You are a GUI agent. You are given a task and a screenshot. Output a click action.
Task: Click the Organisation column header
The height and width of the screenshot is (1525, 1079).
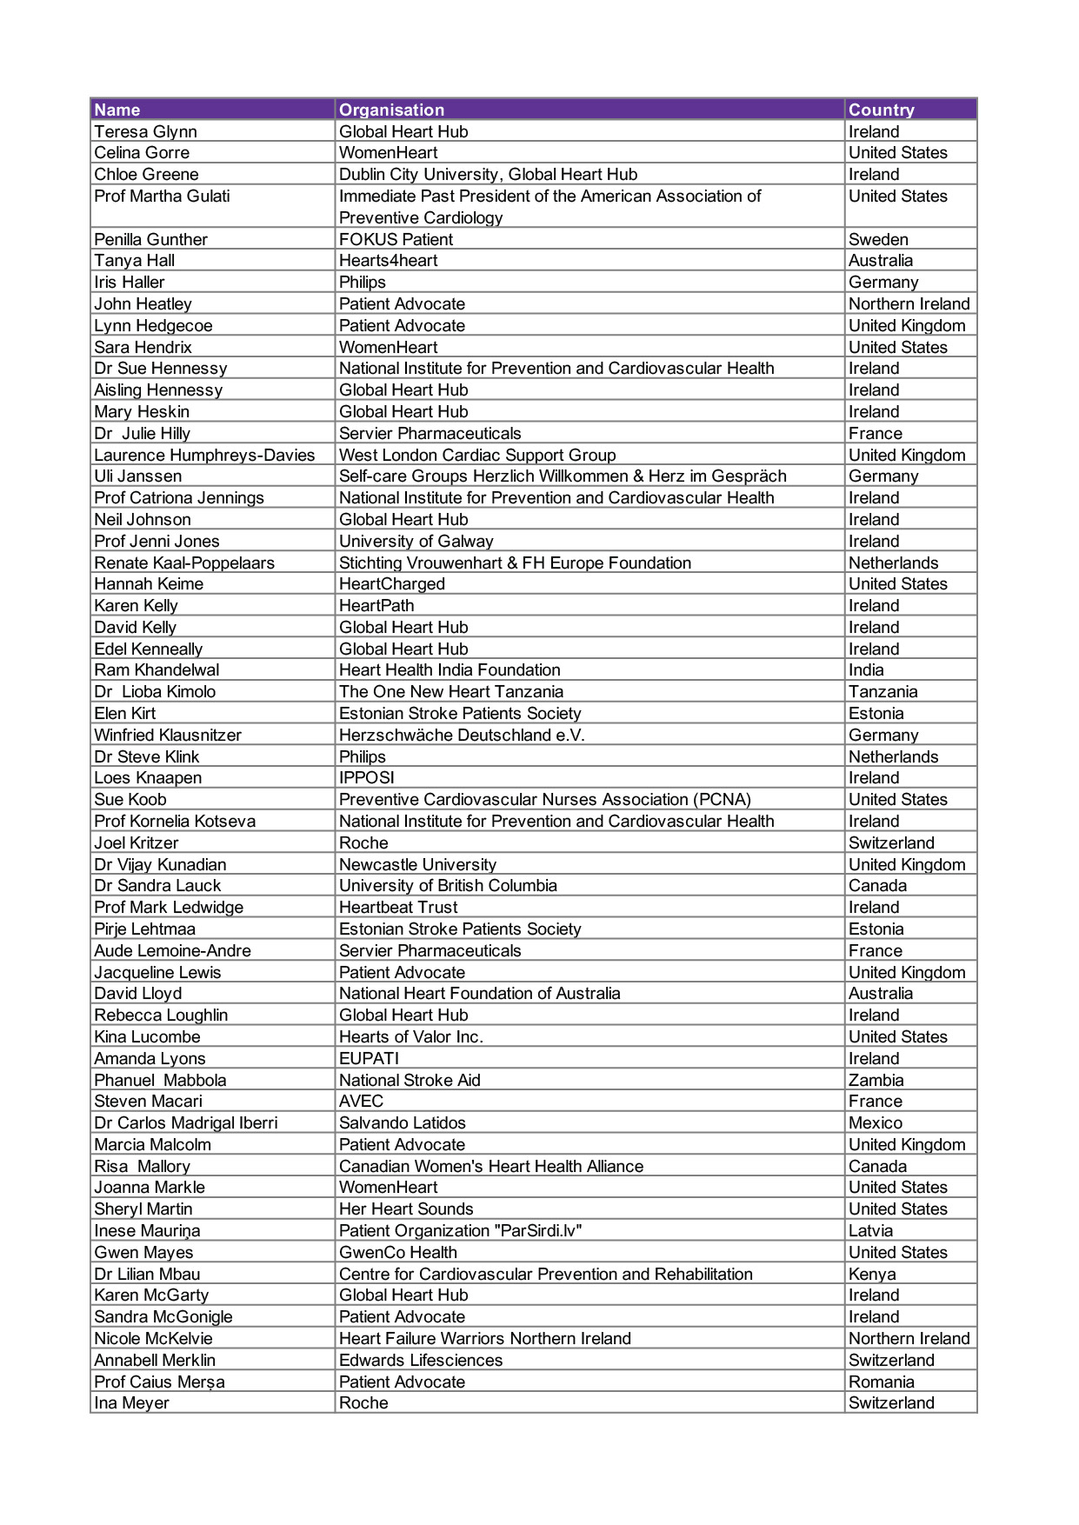tap(391, 110)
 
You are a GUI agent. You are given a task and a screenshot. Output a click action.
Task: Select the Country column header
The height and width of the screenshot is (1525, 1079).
tap(881, 110)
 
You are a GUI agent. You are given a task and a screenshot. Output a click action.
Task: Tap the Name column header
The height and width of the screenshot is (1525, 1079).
tap(117, 110)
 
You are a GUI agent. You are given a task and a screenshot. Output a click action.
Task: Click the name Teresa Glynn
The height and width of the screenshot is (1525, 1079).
tap(145, 131)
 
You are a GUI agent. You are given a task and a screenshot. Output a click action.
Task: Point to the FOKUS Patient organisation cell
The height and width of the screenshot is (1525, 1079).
tap(396, 239)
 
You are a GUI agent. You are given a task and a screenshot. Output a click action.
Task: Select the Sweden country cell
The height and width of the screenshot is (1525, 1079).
tap(878, 239)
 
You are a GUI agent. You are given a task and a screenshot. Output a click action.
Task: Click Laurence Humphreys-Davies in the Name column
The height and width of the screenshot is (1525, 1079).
tap(204, 455)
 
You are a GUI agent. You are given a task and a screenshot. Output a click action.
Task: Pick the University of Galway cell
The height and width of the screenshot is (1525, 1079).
tap(416, 541)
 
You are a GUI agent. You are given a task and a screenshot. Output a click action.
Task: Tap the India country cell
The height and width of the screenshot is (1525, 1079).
tap(866, 669)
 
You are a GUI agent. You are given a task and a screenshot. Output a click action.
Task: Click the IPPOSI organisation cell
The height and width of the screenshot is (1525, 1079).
tap(366, 777)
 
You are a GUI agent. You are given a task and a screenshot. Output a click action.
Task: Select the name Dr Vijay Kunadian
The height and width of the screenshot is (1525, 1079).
tap(160, 864)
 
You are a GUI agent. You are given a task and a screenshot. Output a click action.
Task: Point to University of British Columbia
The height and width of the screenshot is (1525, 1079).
tap(448, 885)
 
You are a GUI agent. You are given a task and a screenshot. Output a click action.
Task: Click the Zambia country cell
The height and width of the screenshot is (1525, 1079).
tap(876, 1080)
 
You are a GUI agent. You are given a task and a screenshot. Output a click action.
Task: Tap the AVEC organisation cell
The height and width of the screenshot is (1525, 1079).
tap(361, 1101)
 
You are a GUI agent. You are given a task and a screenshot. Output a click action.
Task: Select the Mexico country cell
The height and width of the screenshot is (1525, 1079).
tap(876, 1122)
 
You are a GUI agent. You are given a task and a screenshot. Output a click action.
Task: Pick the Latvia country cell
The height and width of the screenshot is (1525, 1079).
tap(870, 1230)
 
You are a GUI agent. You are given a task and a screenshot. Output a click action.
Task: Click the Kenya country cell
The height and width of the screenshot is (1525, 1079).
tap(872, 1274)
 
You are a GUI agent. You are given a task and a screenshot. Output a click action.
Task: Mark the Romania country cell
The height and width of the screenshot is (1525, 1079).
tap(881, 1382)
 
